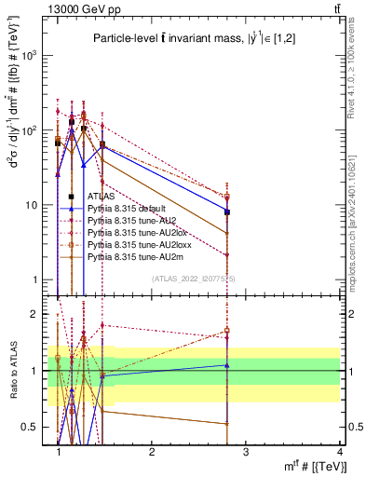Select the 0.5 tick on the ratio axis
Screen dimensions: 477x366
coord(30,427)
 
